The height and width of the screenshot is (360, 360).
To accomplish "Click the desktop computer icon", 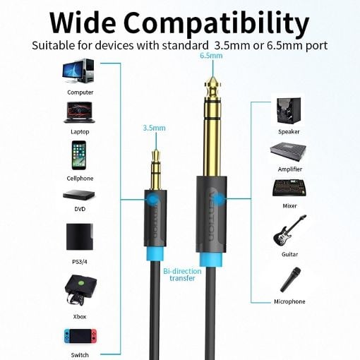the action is (78, 71).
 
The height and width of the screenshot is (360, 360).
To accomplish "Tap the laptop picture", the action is (80, 112).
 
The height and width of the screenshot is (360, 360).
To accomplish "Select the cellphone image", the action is (79, 155).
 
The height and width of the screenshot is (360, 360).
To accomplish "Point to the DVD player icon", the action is (79, 195).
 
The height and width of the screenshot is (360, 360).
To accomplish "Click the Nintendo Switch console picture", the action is (80, 336).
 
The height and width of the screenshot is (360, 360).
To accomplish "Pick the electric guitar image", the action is (289, 231).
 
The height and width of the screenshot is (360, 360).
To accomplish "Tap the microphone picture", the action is (290, 280).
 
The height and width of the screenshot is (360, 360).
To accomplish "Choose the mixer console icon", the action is (289, 188).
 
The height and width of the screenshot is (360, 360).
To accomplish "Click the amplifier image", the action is (288, 152).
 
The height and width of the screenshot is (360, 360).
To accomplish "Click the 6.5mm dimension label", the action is (211, 56).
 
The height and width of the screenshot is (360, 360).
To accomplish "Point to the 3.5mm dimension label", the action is (154, 128).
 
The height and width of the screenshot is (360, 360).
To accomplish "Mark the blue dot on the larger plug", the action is (219, 199).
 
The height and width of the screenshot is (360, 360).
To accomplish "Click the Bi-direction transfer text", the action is (182, 275).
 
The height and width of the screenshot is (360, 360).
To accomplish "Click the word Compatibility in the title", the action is (216, 23).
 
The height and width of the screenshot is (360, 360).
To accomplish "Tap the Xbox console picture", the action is (80, 291).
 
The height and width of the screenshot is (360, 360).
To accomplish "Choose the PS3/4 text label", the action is (80, 262).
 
